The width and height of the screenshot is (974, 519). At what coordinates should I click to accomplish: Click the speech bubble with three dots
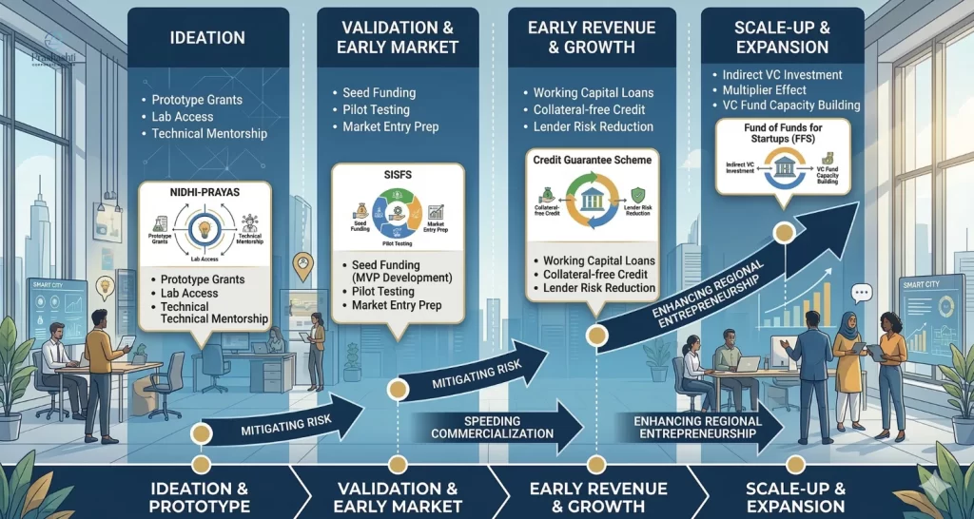862,294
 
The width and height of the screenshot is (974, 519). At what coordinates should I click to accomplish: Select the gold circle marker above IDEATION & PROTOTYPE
200,433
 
